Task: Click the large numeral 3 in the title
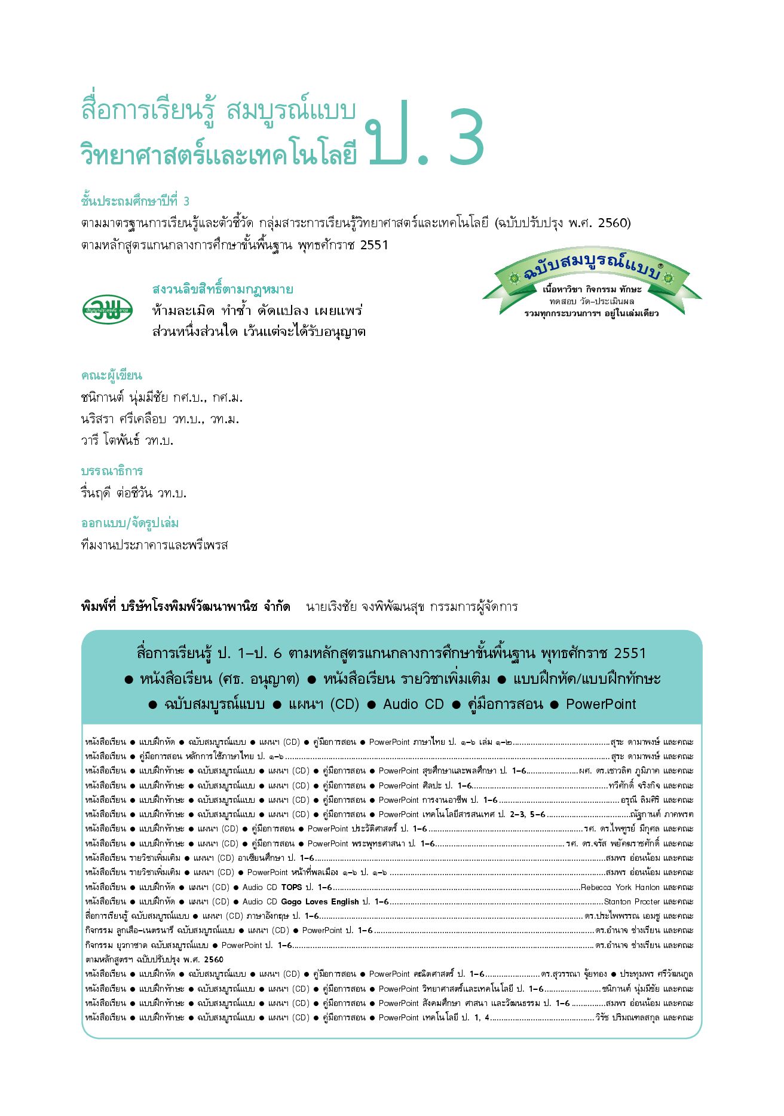(x=467, y=137)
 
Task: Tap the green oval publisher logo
(x=108, y=309)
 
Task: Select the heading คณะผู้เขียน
(x=112, y=375)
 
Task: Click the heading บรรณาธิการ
(x=112, y=471)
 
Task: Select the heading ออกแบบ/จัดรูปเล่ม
(x=130, y=523)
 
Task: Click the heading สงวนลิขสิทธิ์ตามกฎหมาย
(x=222, y=289)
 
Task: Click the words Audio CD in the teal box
(x=414, y=704)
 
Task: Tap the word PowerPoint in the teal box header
(x=601, y=704)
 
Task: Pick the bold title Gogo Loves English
(x=320, y=901)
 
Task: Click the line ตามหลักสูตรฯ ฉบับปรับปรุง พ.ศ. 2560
(x=154, y=959)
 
